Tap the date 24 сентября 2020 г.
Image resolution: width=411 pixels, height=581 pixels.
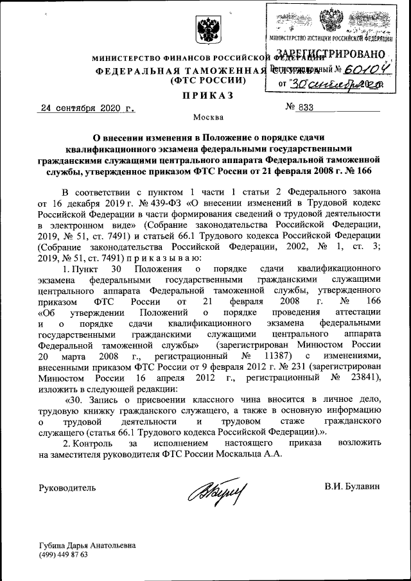[x=86, y=108]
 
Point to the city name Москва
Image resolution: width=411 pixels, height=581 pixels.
[x=209, y=117]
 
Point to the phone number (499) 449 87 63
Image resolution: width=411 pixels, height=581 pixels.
[x=64, y=554]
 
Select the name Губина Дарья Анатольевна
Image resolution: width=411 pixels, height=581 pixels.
[x=87, y=545]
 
